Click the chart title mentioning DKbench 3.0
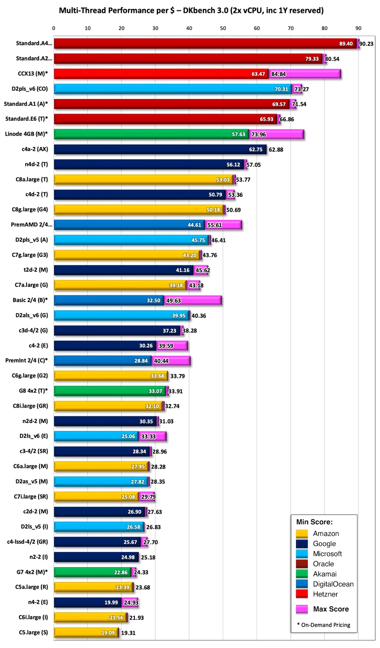(x=190, y=10)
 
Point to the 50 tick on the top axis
(x=223, y=28)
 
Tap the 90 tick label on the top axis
(x=359, y=28)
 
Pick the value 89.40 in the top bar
(x=346, y=44)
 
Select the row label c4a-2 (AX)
(x=36, y=149)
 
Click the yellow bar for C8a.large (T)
(x=142, y=179)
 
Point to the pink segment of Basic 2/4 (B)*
(x=192, y=300)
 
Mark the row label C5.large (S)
(x=35, y=632)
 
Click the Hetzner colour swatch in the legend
(x=302, y=594)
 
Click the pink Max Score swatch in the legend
(x=302, y=609)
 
